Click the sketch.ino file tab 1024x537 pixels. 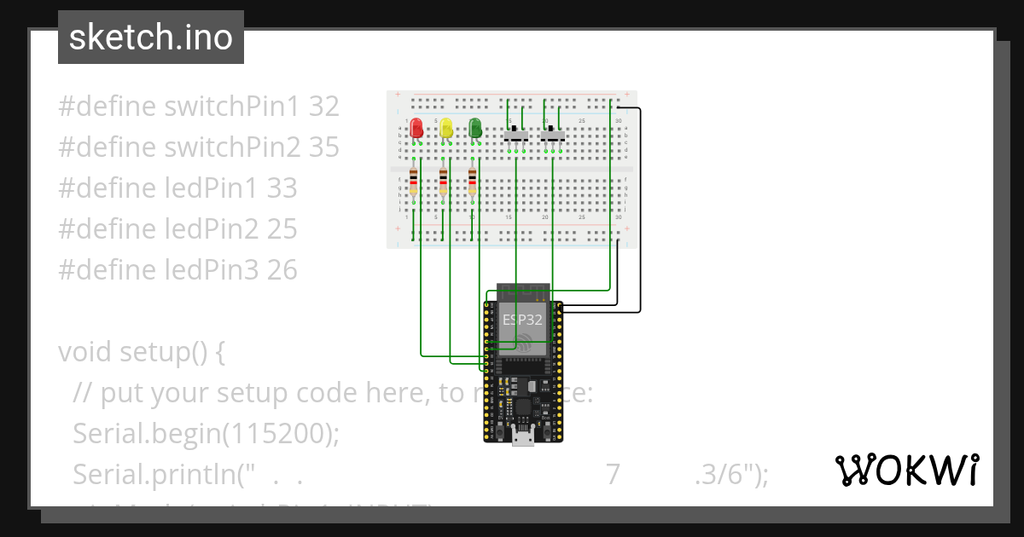151,38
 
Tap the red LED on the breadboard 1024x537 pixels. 416,129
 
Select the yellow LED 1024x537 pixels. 446,129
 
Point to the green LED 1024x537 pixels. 475,129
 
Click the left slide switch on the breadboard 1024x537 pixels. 515,134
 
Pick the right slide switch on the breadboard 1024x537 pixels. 553,134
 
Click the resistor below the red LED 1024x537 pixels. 414,181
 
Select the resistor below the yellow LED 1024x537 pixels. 443,181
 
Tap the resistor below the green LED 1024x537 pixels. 473,181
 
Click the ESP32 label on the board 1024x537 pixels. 521,320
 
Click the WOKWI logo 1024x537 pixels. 906,471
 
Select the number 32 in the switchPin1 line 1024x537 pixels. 324,107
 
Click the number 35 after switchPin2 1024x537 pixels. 324,147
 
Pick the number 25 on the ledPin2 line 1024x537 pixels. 282,229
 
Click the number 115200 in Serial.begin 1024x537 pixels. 276,434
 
